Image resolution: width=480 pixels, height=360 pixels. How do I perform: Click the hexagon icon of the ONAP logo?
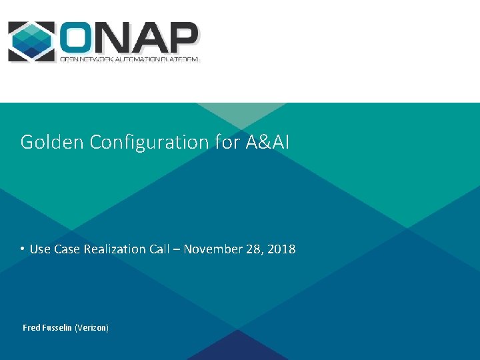[31, 41]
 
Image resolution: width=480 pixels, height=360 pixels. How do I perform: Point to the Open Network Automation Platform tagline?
[129, 59]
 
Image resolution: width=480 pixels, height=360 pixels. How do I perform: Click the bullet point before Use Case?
[22, 249]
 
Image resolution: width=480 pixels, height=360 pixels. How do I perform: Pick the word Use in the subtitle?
[40, 249]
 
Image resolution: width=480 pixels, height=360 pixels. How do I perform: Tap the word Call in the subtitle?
[159, 249]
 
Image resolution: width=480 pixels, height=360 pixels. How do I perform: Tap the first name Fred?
[32, 328]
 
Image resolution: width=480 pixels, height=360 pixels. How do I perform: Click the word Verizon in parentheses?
[91, 328]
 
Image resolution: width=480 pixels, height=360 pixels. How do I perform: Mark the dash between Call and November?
[177, 249]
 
